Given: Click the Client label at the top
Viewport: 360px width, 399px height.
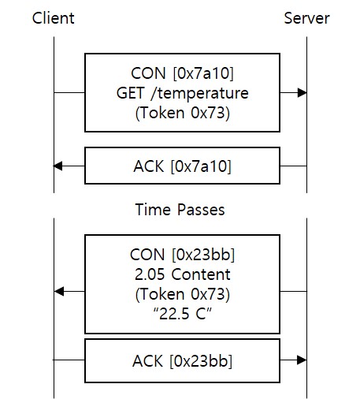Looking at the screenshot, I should (x=54, y=18).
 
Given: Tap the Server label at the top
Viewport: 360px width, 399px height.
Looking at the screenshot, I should (x=306, y=18).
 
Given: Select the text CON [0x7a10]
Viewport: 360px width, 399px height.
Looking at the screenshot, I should (x=182, y=75).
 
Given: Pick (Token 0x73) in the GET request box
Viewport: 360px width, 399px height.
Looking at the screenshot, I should (x=182, y=111).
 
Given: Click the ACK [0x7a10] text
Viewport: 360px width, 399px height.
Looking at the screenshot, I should (x=182, y=166).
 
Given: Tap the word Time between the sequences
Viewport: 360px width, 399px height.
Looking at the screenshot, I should (x=153, y=210).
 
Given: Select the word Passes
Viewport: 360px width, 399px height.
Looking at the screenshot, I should (x=201, y=210).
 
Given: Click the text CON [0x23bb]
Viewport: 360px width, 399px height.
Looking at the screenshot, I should (x=182, y=255).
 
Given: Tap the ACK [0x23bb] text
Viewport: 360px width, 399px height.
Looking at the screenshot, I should (x=182, y=360).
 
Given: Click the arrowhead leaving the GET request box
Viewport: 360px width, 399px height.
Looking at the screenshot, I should (x=302, y=93).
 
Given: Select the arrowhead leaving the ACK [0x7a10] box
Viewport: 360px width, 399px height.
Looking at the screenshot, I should (x=58, y=166).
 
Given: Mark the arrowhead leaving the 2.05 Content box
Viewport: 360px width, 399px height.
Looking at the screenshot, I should (x=58, y=292).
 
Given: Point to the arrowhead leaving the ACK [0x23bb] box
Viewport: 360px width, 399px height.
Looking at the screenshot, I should (x=302, y=360).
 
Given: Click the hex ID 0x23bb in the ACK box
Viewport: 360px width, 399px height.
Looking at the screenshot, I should (x=202, y=360).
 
